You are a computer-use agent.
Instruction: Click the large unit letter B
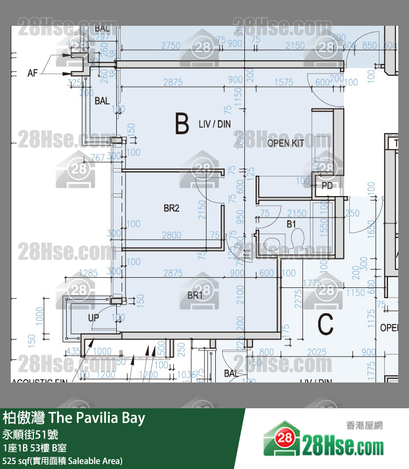click(x=182, y=124)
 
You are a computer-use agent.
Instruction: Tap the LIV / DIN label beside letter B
click(x=214, y=124)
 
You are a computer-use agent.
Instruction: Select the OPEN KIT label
click(x=286, y=143)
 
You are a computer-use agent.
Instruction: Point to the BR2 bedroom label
click(x=171, y=208)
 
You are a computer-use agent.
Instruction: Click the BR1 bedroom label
click(x=195, y=295)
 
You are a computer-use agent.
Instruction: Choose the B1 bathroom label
click(x=292, y=224)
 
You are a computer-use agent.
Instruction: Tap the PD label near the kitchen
click(x=327, y=186)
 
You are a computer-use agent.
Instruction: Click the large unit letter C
click(x=326, y=323)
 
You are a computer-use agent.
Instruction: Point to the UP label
click(x=94, y=318)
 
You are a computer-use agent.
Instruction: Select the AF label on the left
click(x=33, y=73)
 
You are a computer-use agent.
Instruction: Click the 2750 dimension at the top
click(x=171, y=46)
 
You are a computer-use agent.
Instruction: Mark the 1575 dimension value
click(x=284, y=82)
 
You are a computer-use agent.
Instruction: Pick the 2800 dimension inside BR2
click(x=171, y=235)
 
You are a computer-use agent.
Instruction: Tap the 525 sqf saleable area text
click(x=62, y=460)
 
